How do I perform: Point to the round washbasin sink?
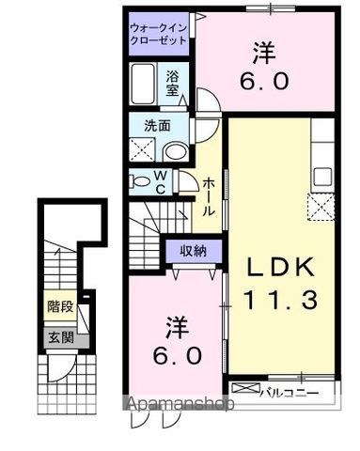(x=175, y=151)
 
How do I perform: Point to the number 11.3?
(x=280, y=303)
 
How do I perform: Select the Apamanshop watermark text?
(x=180, y=407)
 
